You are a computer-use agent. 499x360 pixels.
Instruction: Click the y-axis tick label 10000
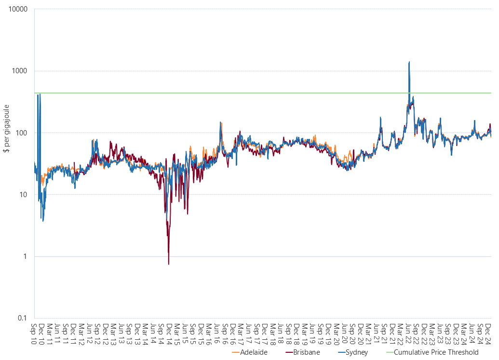click(19, 10)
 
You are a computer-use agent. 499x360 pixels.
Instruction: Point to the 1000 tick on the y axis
click(21, 71)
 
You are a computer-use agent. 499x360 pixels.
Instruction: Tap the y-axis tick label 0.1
click(23, 318)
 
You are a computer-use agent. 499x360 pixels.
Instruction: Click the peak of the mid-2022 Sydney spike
click(409, 62)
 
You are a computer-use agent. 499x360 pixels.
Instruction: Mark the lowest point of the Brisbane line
click(169, 264)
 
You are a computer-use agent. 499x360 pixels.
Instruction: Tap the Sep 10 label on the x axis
click(34, 333)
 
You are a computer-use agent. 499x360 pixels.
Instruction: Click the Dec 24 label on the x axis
click(488, 333)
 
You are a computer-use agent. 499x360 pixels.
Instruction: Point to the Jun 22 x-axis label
click(409, 333)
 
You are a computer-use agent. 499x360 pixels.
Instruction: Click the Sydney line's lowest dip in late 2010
click(43, 221)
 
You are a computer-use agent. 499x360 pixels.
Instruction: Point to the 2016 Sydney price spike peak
click(221, 122)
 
